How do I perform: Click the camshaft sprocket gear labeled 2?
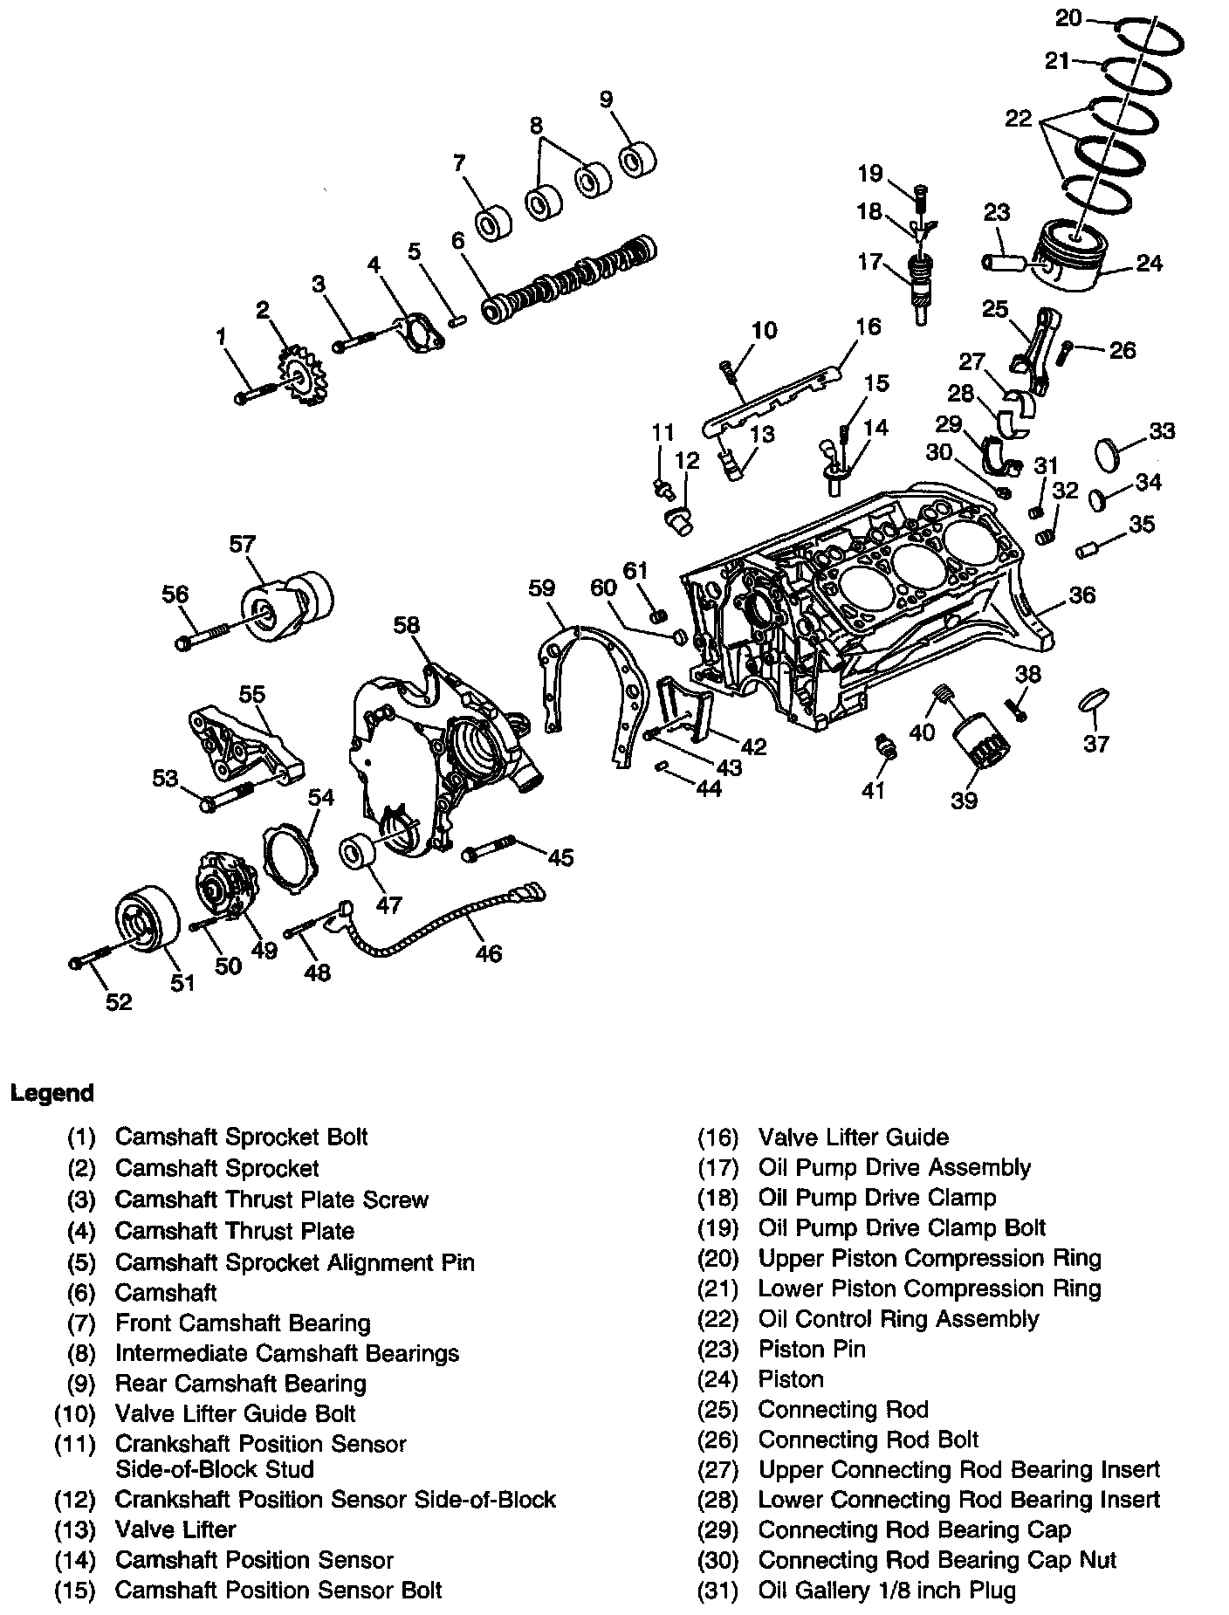point(300,377)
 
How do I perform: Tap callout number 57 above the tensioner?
point(242,544)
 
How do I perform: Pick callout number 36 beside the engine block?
point(1081,594)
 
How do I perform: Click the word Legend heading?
point(51,1093)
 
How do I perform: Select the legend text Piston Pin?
point(812,1349)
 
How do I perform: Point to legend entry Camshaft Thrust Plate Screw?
point(271,1199)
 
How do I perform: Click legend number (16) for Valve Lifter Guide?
point(717,1137)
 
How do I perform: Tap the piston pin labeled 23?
point(1005,260)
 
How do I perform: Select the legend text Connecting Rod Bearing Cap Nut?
point(937,1560)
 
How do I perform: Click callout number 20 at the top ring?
point(1068,17)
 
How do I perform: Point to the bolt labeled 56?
point(205,636)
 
